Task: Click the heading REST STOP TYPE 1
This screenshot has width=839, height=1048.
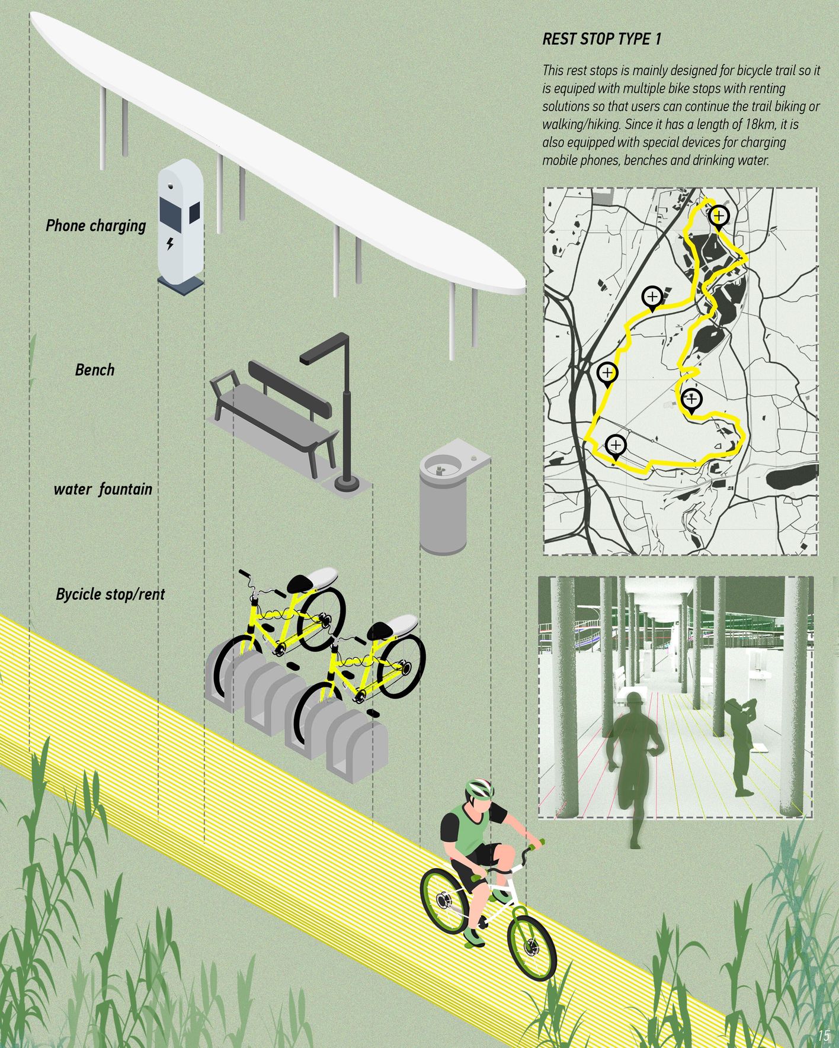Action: coord(601,40)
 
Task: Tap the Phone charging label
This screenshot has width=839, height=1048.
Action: coord(96,226)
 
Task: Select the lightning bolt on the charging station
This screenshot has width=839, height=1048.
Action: coord(171,243)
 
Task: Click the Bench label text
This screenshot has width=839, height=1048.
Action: coord(95,370)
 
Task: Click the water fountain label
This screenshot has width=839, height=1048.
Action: coord(103,490)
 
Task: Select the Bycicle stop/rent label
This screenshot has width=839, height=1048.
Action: coord(110,594)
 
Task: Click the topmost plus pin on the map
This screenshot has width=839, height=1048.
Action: coord(719,216)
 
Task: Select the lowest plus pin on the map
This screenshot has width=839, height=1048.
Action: coord(616,445)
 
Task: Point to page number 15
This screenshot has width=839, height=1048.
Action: coord(823,1036)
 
